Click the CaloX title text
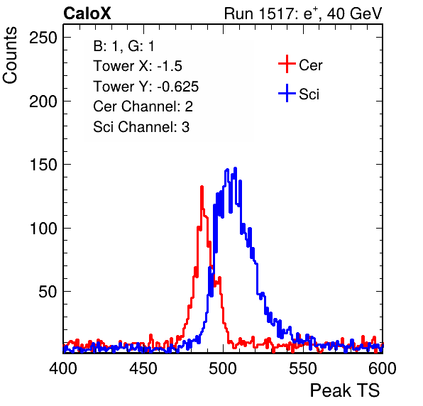tap(87, 13)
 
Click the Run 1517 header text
tap(303, 13)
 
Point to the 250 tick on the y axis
tap(43, 38)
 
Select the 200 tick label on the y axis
tap(43, 101)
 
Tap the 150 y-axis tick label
tap(43, 165)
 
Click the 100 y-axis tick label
tap(43, 229)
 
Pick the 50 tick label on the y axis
tap(48, 292)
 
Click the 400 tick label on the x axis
tap(63, 368)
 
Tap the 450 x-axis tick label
tap(143, 368)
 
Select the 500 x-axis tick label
tap(223, 368)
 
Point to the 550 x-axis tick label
tap(302, 368)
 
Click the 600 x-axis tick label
tap(383, 368)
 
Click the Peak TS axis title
tap(345, 390)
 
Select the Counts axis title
tap(10, 55)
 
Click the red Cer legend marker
tap(287, 64)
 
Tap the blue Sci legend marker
tap(287, 93)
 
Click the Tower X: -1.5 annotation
tap(138, 66)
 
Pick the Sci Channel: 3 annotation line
tap(141, 127)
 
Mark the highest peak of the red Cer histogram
tap(202, 187)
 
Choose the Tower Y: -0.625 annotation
tap(146, 87)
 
